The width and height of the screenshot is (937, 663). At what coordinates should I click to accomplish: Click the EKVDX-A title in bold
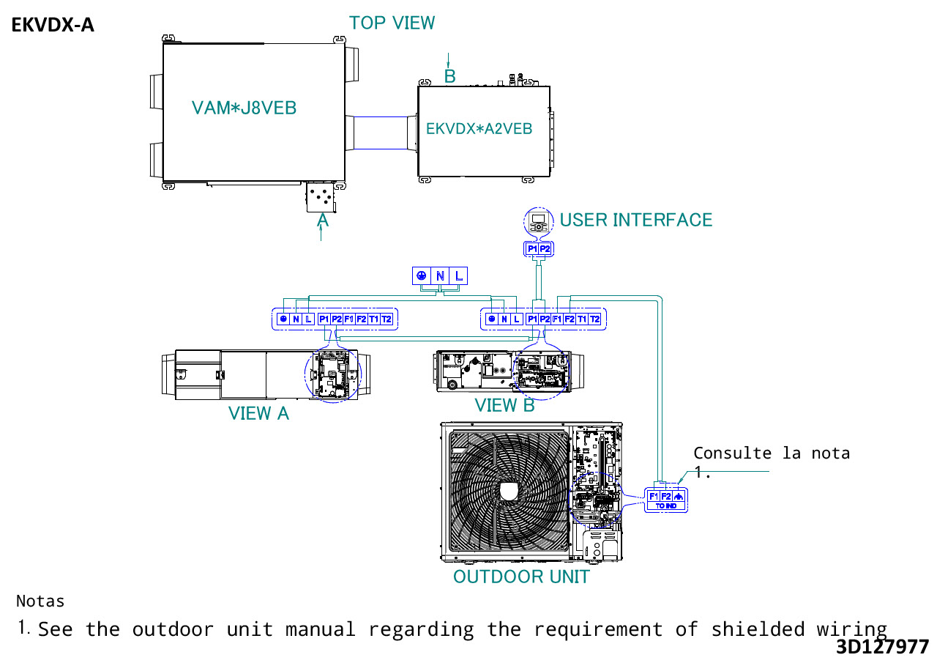[x=53, y=26]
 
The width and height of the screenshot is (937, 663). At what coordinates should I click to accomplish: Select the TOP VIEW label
[x=392, y=23]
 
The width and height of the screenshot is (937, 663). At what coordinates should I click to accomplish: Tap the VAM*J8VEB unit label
[x=244, y=108]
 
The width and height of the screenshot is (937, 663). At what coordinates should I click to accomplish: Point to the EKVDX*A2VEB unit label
[x=479, y=128]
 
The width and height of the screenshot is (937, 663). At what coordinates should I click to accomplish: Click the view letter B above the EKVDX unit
[x=450, y=75]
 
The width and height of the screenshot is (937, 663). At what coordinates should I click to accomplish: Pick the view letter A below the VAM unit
[x=322, y=219]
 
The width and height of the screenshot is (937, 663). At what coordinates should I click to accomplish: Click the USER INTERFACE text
[x=635, y=220]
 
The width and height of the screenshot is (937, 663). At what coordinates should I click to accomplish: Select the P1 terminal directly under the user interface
[x=532, y=249]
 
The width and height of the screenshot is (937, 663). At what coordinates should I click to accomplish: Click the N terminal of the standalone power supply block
[x=440, y=276]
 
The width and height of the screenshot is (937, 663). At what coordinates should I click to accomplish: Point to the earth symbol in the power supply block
[x=422, y=276]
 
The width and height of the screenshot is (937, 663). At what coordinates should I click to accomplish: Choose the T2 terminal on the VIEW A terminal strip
[x=387, y=319]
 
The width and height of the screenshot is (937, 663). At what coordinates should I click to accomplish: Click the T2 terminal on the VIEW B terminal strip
[x=595, y=319]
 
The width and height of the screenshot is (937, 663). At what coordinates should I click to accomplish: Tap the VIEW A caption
[x=258, y=413]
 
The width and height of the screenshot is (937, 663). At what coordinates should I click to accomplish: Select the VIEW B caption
[x=504, y=405]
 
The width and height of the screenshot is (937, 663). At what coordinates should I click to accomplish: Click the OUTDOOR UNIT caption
[x=520, y=577]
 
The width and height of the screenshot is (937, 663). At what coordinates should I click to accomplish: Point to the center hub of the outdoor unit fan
[x=509, y=490]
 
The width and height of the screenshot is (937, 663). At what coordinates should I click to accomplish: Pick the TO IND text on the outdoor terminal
[x=665, y=506]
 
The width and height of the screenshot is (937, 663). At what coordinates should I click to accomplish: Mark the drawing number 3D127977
[x=882, y=647]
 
